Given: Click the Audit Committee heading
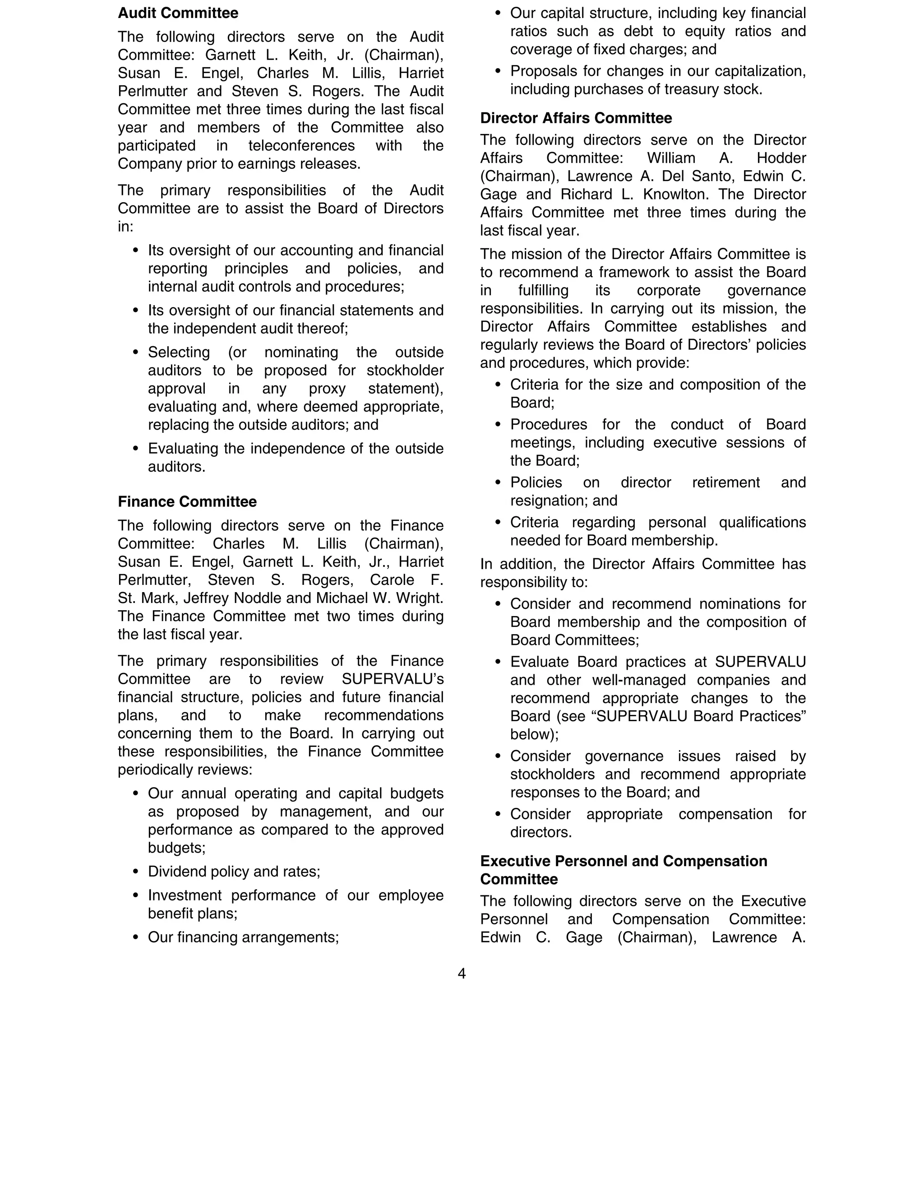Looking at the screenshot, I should (x=178, y=13).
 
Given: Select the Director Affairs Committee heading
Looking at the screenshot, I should (x=576, y=118).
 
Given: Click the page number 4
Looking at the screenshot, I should (x=462, y=973).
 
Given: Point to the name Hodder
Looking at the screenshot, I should (x=781, y=158).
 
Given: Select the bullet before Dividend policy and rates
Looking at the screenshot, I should (x=136, y=872).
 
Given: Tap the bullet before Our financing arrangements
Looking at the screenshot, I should (x=136, y=937).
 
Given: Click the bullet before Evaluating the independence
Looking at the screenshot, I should (x=136, y=449).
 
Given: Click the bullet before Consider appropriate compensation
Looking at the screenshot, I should (x=498, y=814).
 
